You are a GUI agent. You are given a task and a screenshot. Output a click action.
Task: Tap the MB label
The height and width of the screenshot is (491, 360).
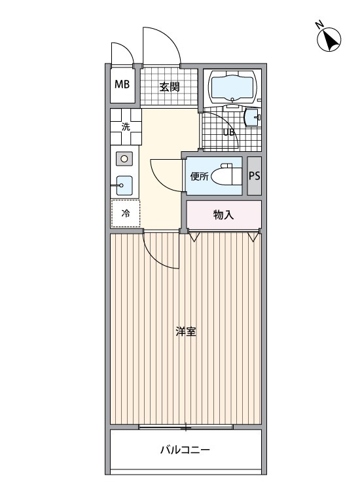[122, 84]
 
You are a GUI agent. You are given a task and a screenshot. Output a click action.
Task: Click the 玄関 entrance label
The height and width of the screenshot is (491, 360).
[169, 86]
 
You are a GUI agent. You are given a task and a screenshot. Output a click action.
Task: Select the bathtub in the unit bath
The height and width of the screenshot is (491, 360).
[232, 86]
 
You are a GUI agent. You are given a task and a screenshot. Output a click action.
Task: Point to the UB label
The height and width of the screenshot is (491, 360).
[229, 132]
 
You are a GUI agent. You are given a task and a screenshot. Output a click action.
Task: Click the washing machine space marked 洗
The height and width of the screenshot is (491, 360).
[126, 128]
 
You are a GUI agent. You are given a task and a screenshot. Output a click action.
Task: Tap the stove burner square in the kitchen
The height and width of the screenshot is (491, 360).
[124, 158]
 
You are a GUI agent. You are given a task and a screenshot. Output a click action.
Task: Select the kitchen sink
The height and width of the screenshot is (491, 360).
[124, 185]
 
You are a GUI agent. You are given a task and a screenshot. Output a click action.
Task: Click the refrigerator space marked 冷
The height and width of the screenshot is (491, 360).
[126, 213]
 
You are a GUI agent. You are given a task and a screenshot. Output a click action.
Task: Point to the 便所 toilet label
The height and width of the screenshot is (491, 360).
[199, 176]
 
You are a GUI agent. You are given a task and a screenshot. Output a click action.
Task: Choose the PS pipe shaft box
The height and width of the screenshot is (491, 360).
[255, 175]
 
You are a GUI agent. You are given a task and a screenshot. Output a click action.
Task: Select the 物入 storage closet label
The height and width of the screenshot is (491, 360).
[224, 215]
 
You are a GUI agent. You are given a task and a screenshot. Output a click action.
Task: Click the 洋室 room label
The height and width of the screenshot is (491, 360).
[186, 331]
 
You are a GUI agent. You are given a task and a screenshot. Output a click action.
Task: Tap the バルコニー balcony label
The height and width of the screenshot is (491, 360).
[185, 450]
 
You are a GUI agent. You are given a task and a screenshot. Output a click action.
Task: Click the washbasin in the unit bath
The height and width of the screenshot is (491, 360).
[251, 118]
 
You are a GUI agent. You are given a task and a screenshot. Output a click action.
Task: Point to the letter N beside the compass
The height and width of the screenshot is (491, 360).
[319, 25]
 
